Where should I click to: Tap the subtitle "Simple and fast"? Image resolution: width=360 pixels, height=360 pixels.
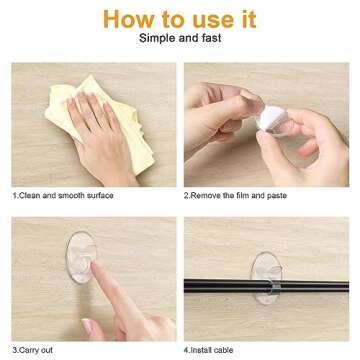180,45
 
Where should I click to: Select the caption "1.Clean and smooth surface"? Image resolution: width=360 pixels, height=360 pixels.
61,197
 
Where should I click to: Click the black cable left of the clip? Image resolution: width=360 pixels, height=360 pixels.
215,273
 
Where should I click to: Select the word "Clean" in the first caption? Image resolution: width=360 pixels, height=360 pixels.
30,197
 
